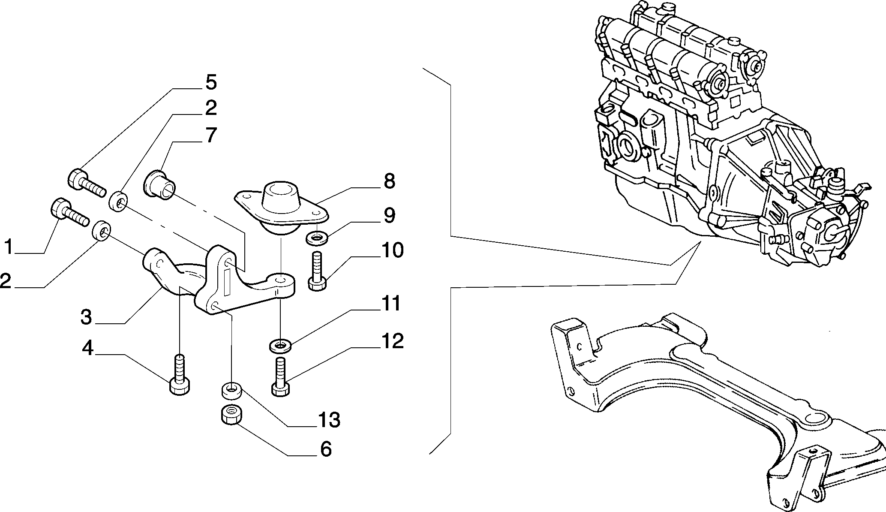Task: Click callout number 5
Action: pyautogui.click(x=210, y=82)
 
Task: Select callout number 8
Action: pyautogui.click(x=389, y=181)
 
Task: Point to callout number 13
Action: pyautogui.click(x=328, y=420)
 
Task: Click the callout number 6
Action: pyautogui.click(x=326, y=449)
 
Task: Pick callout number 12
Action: pyautogui.click(x=391, y=341)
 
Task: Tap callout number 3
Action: pyautogui.click(x=86, y=317)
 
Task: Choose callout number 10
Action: pyautogui.click(x=391, y=250)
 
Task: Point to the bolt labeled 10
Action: pyautogui.click(x=317, y=271)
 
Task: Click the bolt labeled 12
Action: pyautogui.click(x=280, y=376)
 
